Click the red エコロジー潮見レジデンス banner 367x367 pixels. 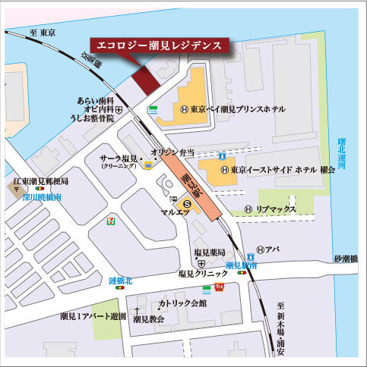[x=159, y=45]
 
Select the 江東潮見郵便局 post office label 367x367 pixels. [x=41, y=183]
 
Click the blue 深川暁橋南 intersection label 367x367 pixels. [x=42, y=197]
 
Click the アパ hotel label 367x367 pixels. [x=274, y=249]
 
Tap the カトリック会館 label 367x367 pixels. [x=182, y=303]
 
